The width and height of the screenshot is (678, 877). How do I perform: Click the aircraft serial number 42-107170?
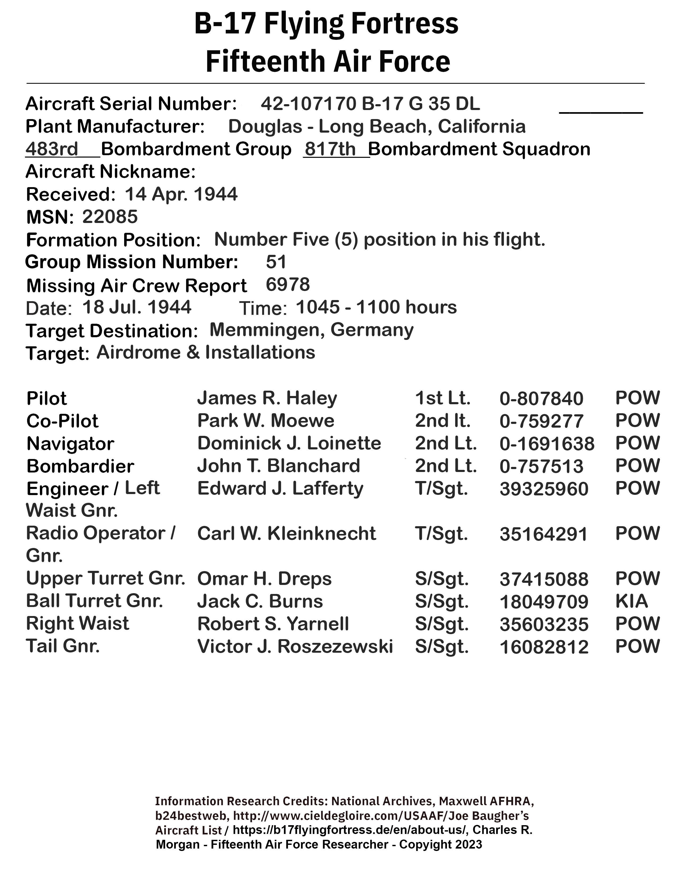coord(308,104)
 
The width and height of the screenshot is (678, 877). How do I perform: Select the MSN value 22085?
coord(110,217)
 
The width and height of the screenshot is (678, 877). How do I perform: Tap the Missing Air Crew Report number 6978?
coord(288,284)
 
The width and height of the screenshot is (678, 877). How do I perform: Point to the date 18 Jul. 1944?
coord(137,307)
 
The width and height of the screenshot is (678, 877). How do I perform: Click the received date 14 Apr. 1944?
coord(181,194)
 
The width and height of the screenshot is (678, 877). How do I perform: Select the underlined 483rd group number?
coord(52,149)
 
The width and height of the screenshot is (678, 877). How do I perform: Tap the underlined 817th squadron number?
coord(330,149)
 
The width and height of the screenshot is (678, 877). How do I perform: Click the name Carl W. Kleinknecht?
coord(286,534)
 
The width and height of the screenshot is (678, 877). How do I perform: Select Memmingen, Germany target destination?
coord(311,330)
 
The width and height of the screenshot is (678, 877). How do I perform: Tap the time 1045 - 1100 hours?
coord(376,307)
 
